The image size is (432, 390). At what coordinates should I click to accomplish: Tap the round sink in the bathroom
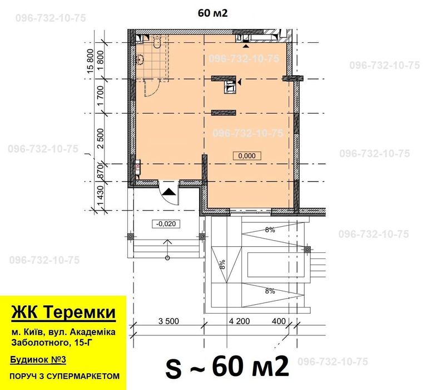pos(138,59)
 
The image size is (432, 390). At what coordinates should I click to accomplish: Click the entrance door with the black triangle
pos(168,193)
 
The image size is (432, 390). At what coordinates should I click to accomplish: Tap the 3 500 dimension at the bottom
pos(168,322)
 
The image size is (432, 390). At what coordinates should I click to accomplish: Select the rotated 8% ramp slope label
pos(222,265)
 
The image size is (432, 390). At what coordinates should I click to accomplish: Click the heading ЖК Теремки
pos(63,312)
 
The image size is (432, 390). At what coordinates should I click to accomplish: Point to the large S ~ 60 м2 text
pos(227,367)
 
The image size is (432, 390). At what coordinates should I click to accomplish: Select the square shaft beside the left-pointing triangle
pos(229,85)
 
